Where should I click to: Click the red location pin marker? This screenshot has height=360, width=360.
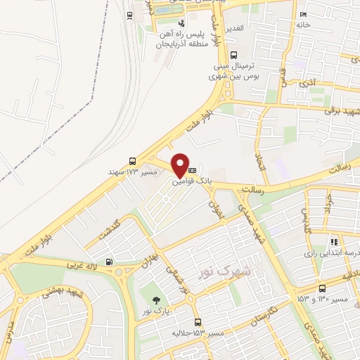click(180, 165)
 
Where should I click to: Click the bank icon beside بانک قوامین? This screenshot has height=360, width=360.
click(192, 170)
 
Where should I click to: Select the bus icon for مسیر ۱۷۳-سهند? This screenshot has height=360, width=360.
click(133, 160)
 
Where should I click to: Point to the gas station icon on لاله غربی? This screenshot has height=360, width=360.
click(108, 262)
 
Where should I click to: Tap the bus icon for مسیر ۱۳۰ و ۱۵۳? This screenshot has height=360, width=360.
click(322, 288)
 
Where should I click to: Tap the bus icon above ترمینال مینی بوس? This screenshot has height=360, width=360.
click(234, 56)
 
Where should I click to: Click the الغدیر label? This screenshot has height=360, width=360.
click(233, 27)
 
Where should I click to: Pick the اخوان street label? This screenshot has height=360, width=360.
click(213, 204)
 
